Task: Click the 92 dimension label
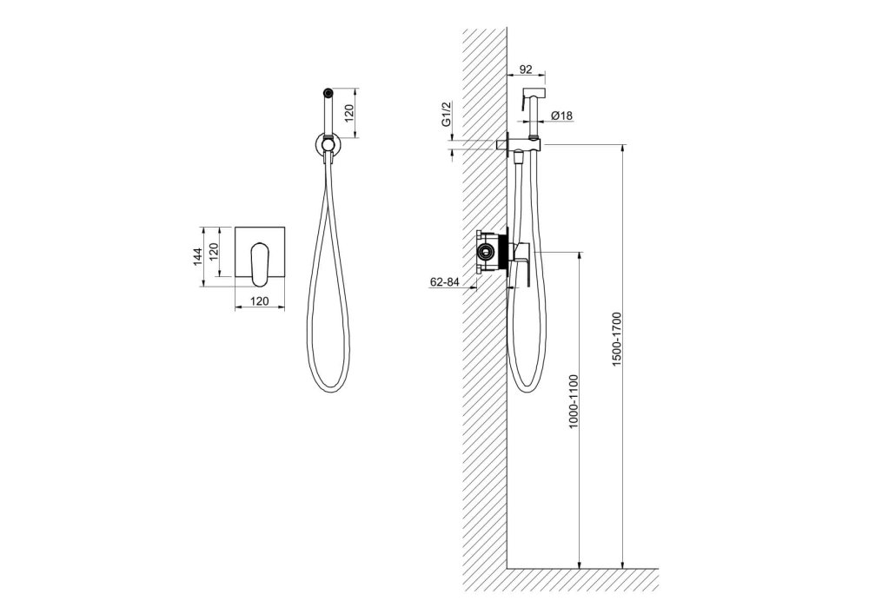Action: coord(526,69)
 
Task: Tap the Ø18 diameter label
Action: coord(561,116)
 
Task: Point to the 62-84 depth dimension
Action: coord(445,281)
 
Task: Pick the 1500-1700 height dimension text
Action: coord(617,339)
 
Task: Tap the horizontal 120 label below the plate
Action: coord(260,301)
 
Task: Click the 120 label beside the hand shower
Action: coord(348,113)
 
